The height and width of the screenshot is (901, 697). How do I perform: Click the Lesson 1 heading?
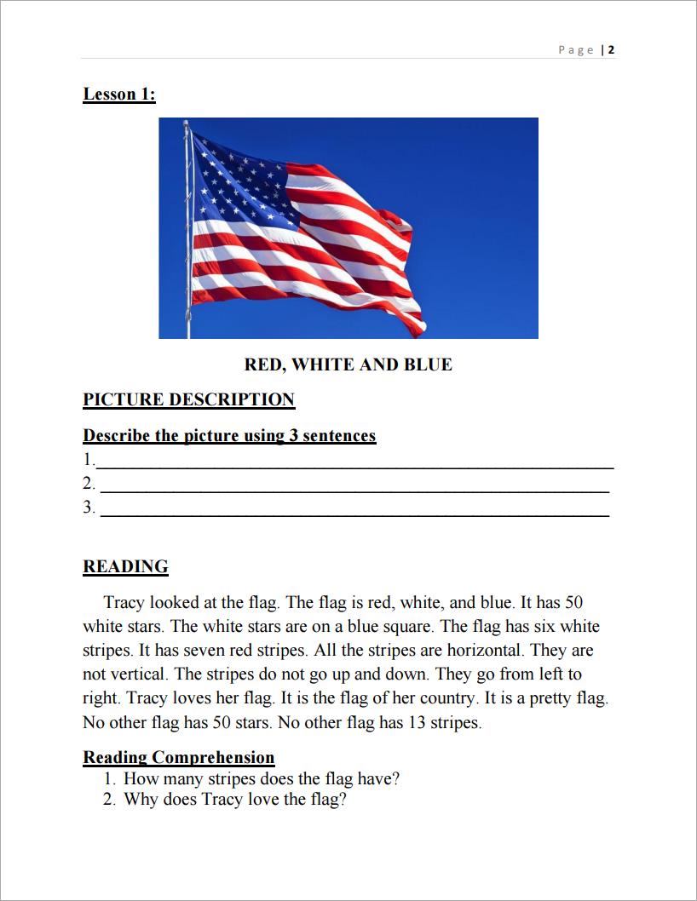pos(119,95)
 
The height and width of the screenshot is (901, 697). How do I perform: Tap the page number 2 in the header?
pos(612,49)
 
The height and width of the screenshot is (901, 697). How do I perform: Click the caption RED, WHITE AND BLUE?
pos(348,365)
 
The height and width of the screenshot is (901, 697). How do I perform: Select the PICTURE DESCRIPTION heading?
pos(188,399)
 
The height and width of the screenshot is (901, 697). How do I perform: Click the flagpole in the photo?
pos(187,255)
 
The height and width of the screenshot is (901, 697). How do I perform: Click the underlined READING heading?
pos(125,566)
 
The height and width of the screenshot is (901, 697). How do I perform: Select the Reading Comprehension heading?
pos(179,757)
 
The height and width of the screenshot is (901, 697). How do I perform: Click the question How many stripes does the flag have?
pos(262,778)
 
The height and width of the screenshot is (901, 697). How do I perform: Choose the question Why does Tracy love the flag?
pos(235,800)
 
